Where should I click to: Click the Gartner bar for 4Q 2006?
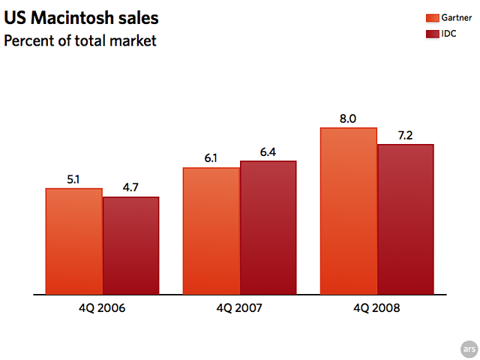tap(73, 241)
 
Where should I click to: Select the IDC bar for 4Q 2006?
tap(130, 246)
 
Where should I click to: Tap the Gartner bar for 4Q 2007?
tap(211, 231)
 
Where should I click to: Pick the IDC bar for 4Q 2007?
tap(268, 228)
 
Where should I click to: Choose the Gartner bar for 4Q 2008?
tap(349, 211)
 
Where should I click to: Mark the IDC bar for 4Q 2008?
tap(406, 219)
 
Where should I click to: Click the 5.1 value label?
tap(73, 179)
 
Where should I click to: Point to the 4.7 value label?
tap(130, 187)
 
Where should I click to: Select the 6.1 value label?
tap(211, 158)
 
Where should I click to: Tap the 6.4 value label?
tap(268, 152)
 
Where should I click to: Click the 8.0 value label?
tap(348, 118)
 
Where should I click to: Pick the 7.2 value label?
tap(406, 135)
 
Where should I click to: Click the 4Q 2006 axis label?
tap(102, 307)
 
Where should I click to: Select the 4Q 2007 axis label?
tap(240, 307)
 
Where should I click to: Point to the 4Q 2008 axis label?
tap(377, 307)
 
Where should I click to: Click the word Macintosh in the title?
tap(70, 17)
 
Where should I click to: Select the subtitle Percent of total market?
tap(80, 40)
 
